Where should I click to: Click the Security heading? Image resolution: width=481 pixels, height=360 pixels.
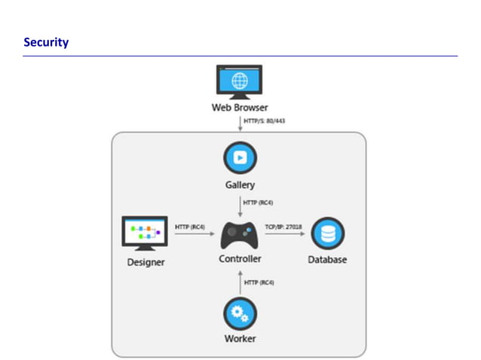46,42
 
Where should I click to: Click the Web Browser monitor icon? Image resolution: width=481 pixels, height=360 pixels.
239,81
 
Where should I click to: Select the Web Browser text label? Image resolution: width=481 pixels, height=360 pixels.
239,107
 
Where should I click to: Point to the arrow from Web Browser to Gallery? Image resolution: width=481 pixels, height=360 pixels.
240,122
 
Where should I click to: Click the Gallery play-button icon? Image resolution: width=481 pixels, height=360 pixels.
239,159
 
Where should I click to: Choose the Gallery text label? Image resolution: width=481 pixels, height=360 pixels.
239,185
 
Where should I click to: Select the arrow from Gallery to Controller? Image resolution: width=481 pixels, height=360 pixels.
240,207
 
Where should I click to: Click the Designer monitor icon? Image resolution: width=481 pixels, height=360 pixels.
144,233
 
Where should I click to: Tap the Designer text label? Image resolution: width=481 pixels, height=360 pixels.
145,262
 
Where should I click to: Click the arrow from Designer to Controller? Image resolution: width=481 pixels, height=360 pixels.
194,234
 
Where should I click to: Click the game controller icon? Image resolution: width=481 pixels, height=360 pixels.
240,234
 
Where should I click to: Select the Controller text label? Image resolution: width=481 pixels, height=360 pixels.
240,259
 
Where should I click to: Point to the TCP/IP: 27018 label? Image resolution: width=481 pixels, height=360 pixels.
284,226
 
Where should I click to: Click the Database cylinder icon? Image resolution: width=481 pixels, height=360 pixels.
327,233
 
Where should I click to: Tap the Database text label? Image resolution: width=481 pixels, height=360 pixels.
327,260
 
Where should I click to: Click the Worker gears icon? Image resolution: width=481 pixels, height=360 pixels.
240,313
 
